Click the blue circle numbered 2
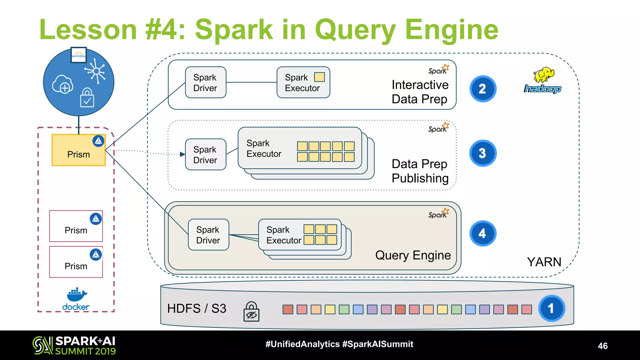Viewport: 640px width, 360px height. click(482, 89)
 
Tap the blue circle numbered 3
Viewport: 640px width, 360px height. click(482, 153)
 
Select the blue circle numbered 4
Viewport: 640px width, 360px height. click(482, 233)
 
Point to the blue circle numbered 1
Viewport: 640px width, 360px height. click(551, 308)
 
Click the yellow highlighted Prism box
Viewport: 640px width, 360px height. click(78, 150)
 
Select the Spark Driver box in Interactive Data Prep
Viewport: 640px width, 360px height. click(205, 82)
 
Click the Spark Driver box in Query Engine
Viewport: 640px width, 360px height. click(208, 235)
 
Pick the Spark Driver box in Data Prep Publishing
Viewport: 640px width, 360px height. click(205, 154)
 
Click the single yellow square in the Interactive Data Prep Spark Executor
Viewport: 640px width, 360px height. click(319, 77)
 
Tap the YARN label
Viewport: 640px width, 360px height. click(544, 262)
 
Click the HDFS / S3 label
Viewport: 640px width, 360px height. click(197, 308)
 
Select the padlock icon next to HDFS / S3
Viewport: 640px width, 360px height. click(251, 311)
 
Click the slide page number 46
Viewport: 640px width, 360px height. click(602, 346)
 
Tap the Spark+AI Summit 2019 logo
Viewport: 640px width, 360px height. click(74, 345)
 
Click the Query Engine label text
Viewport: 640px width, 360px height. click(413, 255)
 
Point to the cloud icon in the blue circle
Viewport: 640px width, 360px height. click(62, 84)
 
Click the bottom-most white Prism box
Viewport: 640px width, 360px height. click(76, 262)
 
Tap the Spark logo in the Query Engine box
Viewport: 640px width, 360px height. click(438, 213)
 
